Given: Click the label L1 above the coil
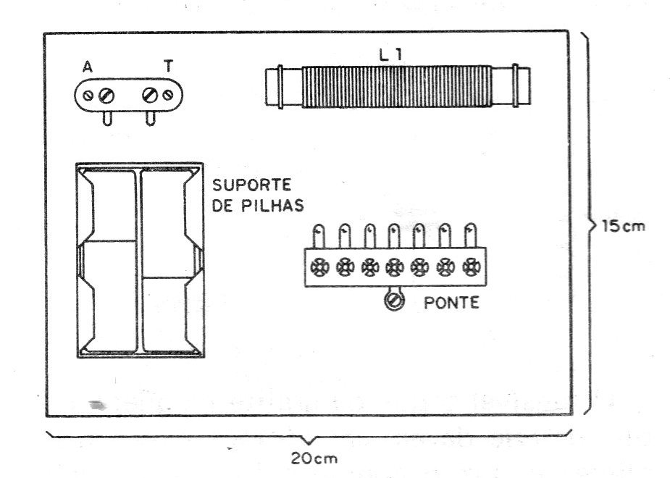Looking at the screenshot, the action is [x=390, y=55].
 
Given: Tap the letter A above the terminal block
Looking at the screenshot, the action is [x=88, y=67].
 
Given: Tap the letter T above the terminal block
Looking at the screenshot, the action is [x=169, y=66].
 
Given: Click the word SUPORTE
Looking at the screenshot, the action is [x=251, y=185].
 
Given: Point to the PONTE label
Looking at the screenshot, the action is [x=451, y=303].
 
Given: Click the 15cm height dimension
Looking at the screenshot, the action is [x=624, y=226].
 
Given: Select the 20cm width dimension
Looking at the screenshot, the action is [x=314, y=458].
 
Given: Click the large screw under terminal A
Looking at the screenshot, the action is [x=106, y=96].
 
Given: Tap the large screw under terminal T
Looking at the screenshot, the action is [x=150, y=95].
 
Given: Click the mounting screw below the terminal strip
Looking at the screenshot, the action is [x=394, y=301].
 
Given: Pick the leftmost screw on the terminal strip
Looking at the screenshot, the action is [x=319, y=268].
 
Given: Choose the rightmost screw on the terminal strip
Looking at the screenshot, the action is [x=472, y=267].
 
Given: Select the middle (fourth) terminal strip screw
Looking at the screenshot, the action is [x=394, y=268].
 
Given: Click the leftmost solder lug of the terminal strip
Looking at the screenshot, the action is [x=319, y=236].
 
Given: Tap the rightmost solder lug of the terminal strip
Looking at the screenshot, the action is [x=471, y=235].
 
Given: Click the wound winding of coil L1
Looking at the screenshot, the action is [x=397, y=86].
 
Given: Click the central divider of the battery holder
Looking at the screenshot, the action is [x=139, y=261].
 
